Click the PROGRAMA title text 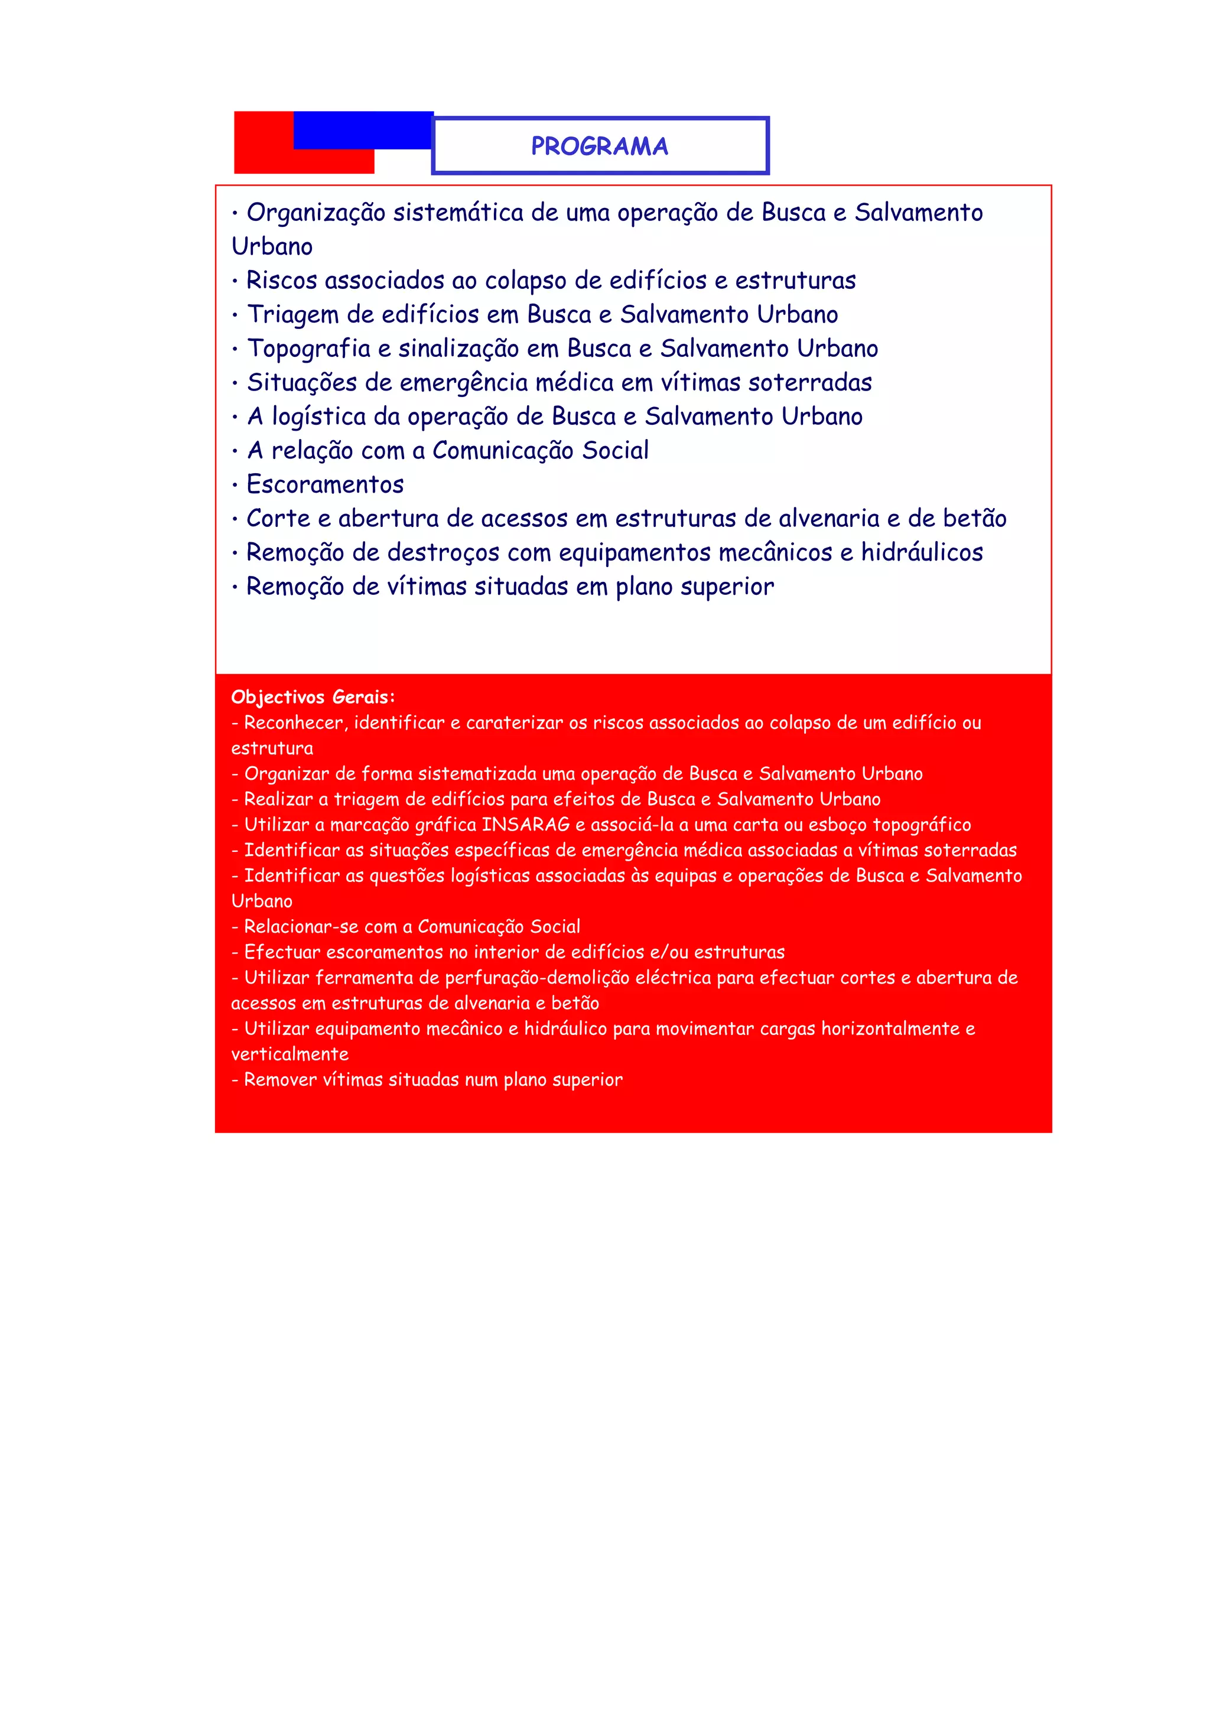point(600,146)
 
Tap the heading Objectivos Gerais point(313,697)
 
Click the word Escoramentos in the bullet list point(325,484)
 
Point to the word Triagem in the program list point(292,315)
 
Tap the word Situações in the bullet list point(301,383)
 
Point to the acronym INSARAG point(526,825)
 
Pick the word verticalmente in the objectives point(290,1054)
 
